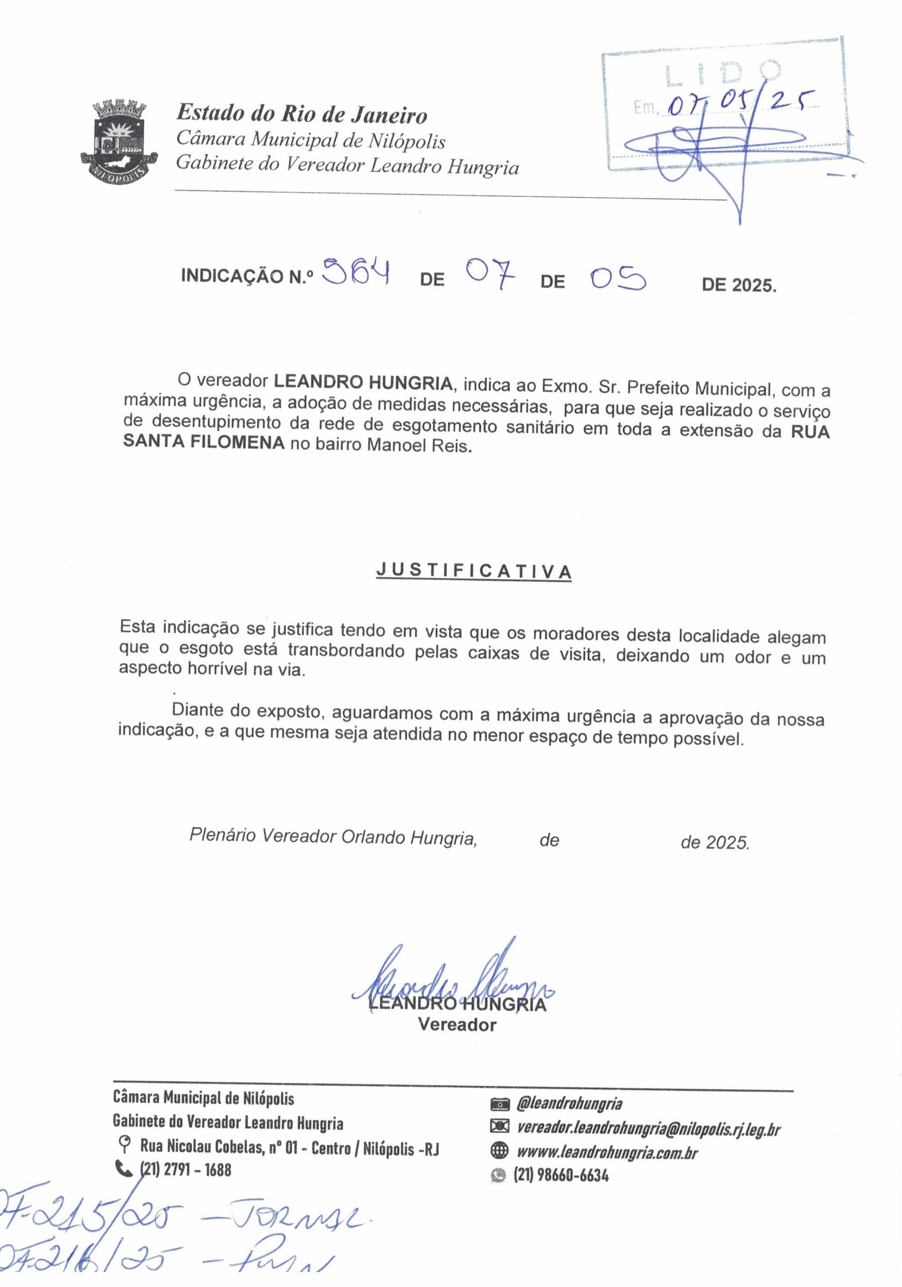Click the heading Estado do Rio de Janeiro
[x=302, y=114]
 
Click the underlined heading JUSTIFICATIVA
[x=474, y=571]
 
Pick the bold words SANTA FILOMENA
[x=204, y=442]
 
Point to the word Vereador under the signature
[x=457, y=1025]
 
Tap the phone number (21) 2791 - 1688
[x=185, y=1170]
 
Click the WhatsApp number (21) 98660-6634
[x=561, y=1175]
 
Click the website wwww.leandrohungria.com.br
[x=607, y=1152]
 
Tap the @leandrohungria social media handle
[x=569, y=1104]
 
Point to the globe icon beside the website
[x=498, y=1151]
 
